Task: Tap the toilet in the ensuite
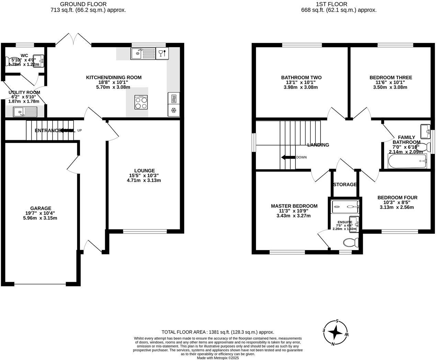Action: click(x=351, y=243)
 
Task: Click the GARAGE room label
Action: click(x=41, y=208)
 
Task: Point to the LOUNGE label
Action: click(x=144, y=170)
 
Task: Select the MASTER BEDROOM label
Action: click(x=294, y=206)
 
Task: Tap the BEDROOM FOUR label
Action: click(x=397, y=198)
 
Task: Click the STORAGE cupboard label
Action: click(x=345, y=184)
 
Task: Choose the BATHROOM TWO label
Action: click(x=301, y=78)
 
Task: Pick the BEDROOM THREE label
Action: click(x=391, y=78)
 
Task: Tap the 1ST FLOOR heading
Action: click(x=332, y=4)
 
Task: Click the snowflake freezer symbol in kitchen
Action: click(x=173, y=110)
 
